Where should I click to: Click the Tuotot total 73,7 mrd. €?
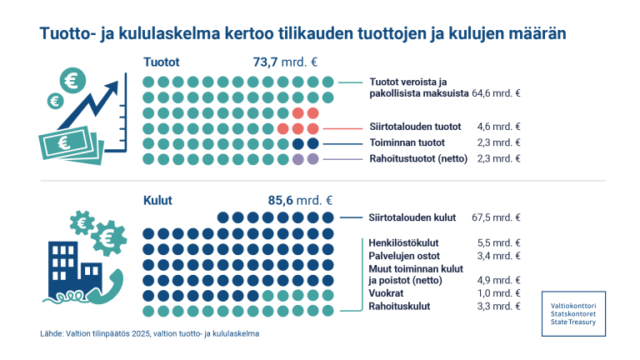coord(286,62)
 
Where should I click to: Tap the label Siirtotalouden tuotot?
coord(415,127)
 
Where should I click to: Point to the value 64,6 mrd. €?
coord(497,95)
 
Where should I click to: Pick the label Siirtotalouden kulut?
coord(412,217)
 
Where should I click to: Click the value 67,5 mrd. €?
coord(497,217)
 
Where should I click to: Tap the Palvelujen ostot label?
coord(404,255)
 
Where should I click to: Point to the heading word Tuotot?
coord(162,62)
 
